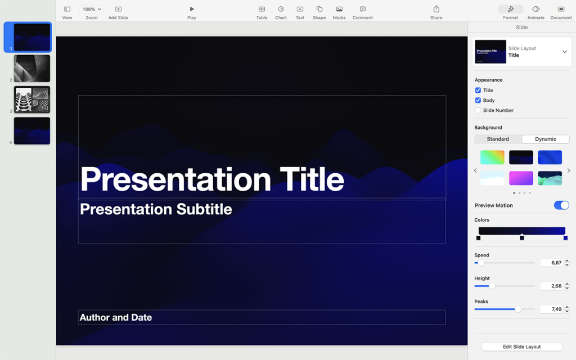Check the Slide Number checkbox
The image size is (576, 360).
coord(478,110)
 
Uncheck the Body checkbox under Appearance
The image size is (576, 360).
coord(478,100)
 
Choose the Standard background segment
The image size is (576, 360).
coord(498,139)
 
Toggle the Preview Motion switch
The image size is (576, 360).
coord(561,205)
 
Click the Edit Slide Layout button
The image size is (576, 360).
coord(521,346)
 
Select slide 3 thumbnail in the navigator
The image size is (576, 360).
coord(32,100)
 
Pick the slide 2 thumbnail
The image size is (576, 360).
coord(32,68)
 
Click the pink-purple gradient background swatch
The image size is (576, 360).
coord(521,178)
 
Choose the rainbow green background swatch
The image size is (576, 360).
coord(492,157)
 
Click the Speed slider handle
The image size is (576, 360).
coord(481,263)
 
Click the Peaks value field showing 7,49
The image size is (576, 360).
coord(551,309)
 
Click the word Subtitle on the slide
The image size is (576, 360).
coord(204,209)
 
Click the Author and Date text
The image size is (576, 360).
coord(116,317)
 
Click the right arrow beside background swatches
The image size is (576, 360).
coord(568,170)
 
